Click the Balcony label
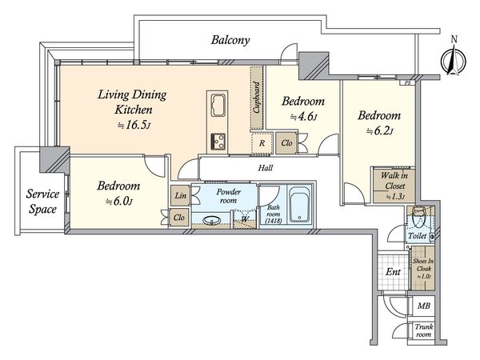[x=230, y=40]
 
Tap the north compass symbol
[x=454, y=58]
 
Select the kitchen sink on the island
[x=218, y=105]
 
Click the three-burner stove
[x=218, y=141]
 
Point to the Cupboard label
[x=257, y=97]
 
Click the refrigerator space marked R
[x=262, y=142]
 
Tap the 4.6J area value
[x=304, y=117]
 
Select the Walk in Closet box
[x=394, y=185]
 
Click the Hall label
[x=266, y=168]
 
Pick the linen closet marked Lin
[x=181, y=195]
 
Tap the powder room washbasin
[x=212, y=220]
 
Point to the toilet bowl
[x=418, y=215]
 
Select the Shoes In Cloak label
[x=423, y=269]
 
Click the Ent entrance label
[x=393, y=271]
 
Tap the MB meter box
[x=424, y=306]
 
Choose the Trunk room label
[x=424, y=330]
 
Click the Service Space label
[x=42, y=202]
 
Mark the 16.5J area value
[x=134, y=126]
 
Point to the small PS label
[x=407, y=82]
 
